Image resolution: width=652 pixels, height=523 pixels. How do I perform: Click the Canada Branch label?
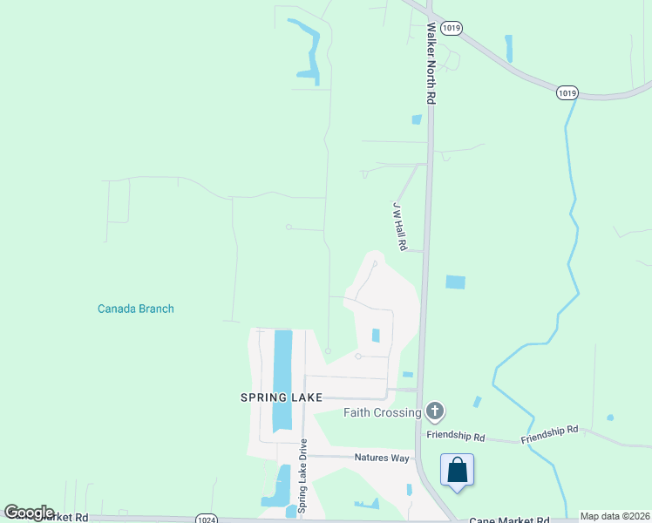coord(135,309)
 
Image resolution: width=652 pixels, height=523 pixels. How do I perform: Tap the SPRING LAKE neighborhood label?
coord(282,397)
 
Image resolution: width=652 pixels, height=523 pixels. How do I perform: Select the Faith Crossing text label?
coord(383,412)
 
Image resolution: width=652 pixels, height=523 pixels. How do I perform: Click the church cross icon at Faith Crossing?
coord(435,411)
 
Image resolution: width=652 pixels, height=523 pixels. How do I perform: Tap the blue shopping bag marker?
coord(458,472)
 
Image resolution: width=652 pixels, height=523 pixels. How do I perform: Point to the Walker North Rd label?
coord(431,64)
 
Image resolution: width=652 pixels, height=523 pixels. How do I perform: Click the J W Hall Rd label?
coord(399,227)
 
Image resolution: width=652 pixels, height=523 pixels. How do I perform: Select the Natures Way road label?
coord(382,458)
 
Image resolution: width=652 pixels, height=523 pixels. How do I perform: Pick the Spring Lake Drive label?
coord(302,482)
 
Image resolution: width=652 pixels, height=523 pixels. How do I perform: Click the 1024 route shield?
coord(207,520)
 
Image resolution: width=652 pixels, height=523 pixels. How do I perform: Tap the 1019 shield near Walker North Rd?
coord(451,28)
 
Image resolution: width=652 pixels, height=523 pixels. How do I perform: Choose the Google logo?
coord(29,513)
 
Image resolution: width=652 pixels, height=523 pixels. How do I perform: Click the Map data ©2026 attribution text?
coord(615,516)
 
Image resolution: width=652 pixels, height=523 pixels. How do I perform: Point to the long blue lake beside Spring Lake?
coord(282,379)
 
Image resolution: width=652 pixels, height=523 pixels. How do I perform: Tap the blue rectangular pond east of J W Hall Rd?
coord(455,282)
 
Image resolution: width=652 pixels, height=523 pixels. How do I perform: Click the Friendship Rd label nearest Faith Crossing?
coord(454,435)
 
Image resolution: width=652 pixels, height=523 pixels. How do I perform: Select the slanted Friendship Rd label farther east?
coord(550,434)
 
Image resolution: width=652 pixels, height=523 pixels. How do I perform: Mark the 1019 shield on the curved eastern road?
coord(567,92)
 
